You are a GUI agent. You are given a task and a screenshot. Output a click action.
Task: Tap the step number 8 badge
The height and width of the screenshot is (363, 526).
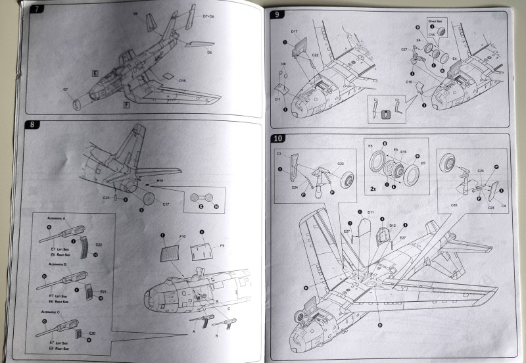[x=31, y=124]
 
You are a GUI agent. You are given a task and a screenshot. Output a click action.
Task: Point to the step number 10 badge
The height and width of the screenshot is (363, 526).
[x=279, y=139]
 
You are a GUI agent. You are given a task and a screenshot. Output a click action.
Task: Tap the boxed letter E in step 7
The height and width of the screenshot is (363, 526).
[x=95, y=76]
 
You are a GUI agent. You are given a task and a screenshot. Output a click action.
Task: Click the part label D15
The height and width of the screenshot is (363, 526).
[x=182, y=81]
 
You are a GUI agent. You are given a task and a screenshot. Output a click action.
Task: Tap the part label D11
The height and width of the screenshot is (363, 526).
[x=371, y=212]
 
